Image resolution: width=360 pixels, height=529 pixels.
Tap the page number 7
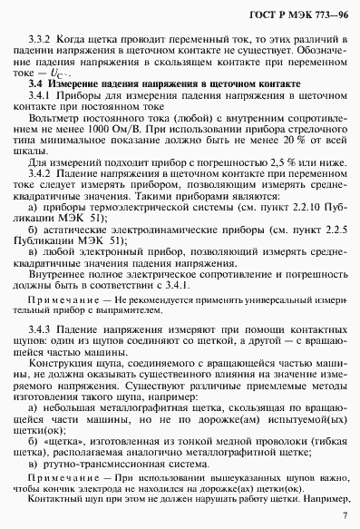(x=343, y=509)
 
